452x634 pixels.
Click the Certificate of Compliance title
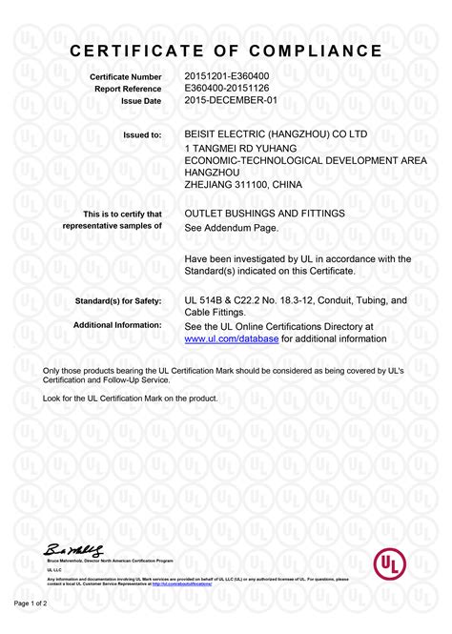pyautogui.click(x=226, y=50)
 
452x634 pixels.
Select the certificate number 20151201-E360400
pyautogui.click(x=226, y=75)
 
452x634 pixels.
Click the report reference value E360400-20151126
pyautogui.click(x=226, y=88)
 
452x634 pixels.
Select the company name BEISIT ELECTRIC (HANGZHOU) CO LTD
pyautogui.click(x=275, y=134)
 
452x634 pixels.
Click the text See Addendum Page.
pyautogui.click(x=231, y=228)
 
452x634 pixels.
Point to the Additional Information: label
pyautogui.click(x=117, y=326)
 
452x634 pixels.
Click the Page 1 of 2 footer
pyautogui.click(x=31, y=603)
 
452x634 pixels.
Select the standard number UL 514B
pyautogui.click(x=203, y=300)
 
